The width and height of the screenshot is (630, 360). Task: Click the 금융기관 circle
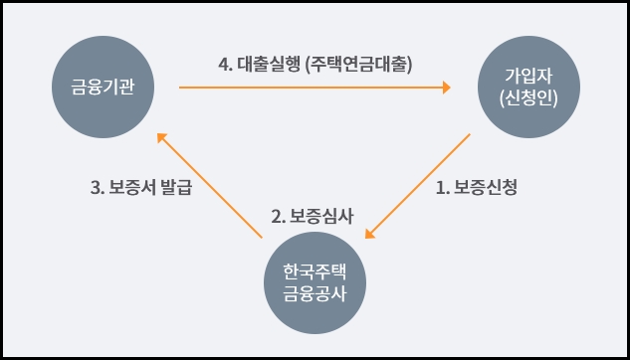coord(105,88)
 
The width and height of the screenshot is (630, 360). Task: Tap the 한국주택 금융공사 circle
coord(315,282)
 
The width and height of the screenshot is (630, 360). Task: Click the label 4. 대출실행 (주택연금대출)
coord(315,64)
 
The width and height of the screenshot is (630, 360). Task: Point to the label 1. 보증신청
coord(477,186)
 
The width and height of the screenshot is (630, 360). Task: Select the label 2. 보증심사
coord(312,216)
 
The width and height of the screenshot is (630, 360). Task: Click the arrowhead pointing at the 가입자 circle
coord(445,88)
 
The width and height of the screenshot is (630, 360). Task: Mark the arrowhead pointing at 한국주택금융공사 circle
coord(370,235)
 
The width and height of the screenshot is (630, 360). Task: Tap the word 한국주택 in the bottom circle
coord(315,270)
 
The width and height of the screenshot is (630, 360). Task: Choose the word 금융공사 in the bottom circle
coord(315,294)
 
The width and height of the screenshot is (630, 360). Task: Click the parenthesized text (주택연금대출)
coord(360,64)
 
